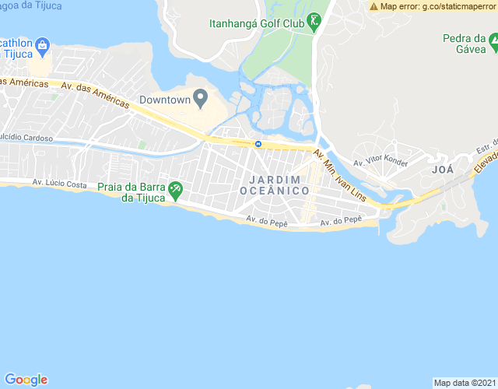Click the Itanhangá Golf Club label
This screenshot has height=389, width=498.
click(x=256, y=23)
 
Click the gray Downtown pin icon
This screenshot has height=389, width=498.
click(x=200, y=98)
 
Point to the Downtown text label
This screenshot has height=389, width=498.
click(x=165, y=100)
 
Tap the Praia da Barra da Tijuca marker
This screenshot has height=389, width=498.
click(x=176, y=189)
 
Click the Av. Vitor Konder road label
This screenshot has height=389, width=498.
click(x=380, y=163)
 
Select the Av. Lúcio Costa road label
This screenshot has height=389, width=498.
click(x=59, y=184)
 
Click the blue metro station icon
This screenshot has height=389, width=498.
click(x=258, y=144)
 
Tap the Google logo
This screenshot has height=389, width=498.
click(x=26, y=379)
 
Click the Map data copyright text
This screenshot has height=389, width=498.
click(x=465, y=383)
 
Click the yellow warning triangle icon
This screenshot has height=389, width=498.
click(x=374, y=6)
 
